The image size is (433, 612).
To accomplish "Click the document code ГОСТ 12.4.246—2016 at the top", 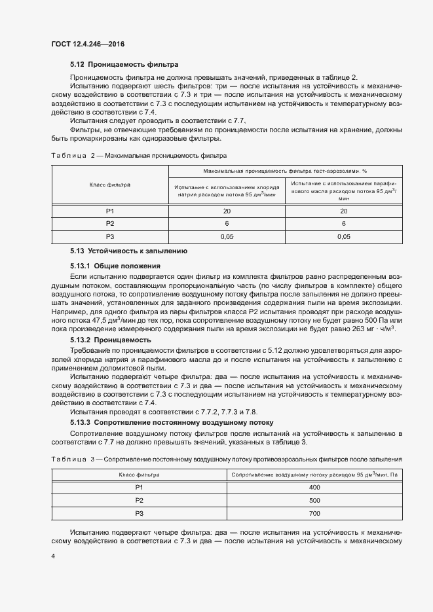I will pyautogui.click(x=87, y=44).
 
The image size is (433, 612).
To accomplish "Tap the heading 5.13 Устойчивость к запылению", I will pyautogui.click(x=129, y=251).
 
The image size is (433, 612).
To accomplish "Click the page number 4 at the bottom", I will pyautogui.click(x=53, y=555).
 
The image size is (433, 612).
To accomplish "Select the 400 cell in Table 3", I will pyautogui.click(x=314, y=488).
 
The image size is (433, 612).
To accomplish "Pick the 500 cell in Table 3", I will pyautogui.click(x=314, y=500).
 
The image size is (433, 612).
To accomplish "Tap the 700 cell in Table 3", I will pyautogui.click(x=314, y=513).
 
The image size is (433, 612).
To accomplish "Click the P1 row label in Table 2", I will pyautogui.click(x=110, y=211).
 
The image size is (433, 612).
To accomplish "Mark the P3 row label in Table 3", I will pyautogui.click(x=139, y=513).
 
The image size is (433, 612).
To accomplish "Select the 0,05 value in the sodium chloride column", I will pyautogui.click(x=227, y=236).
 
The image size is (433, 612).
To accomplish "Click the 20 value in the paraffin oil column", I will pyautogui.click(x=343, y=211).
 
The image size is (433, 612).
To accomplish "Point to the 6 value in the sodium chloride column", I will pyautogui.click(x=227, y=223).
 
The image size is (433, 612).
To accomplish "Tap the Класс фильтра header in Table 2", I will pyautogui.click(x=110, y=185).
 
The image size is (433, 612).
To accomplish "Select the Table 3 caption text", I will pyautogui.click(x=244, y=459).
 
